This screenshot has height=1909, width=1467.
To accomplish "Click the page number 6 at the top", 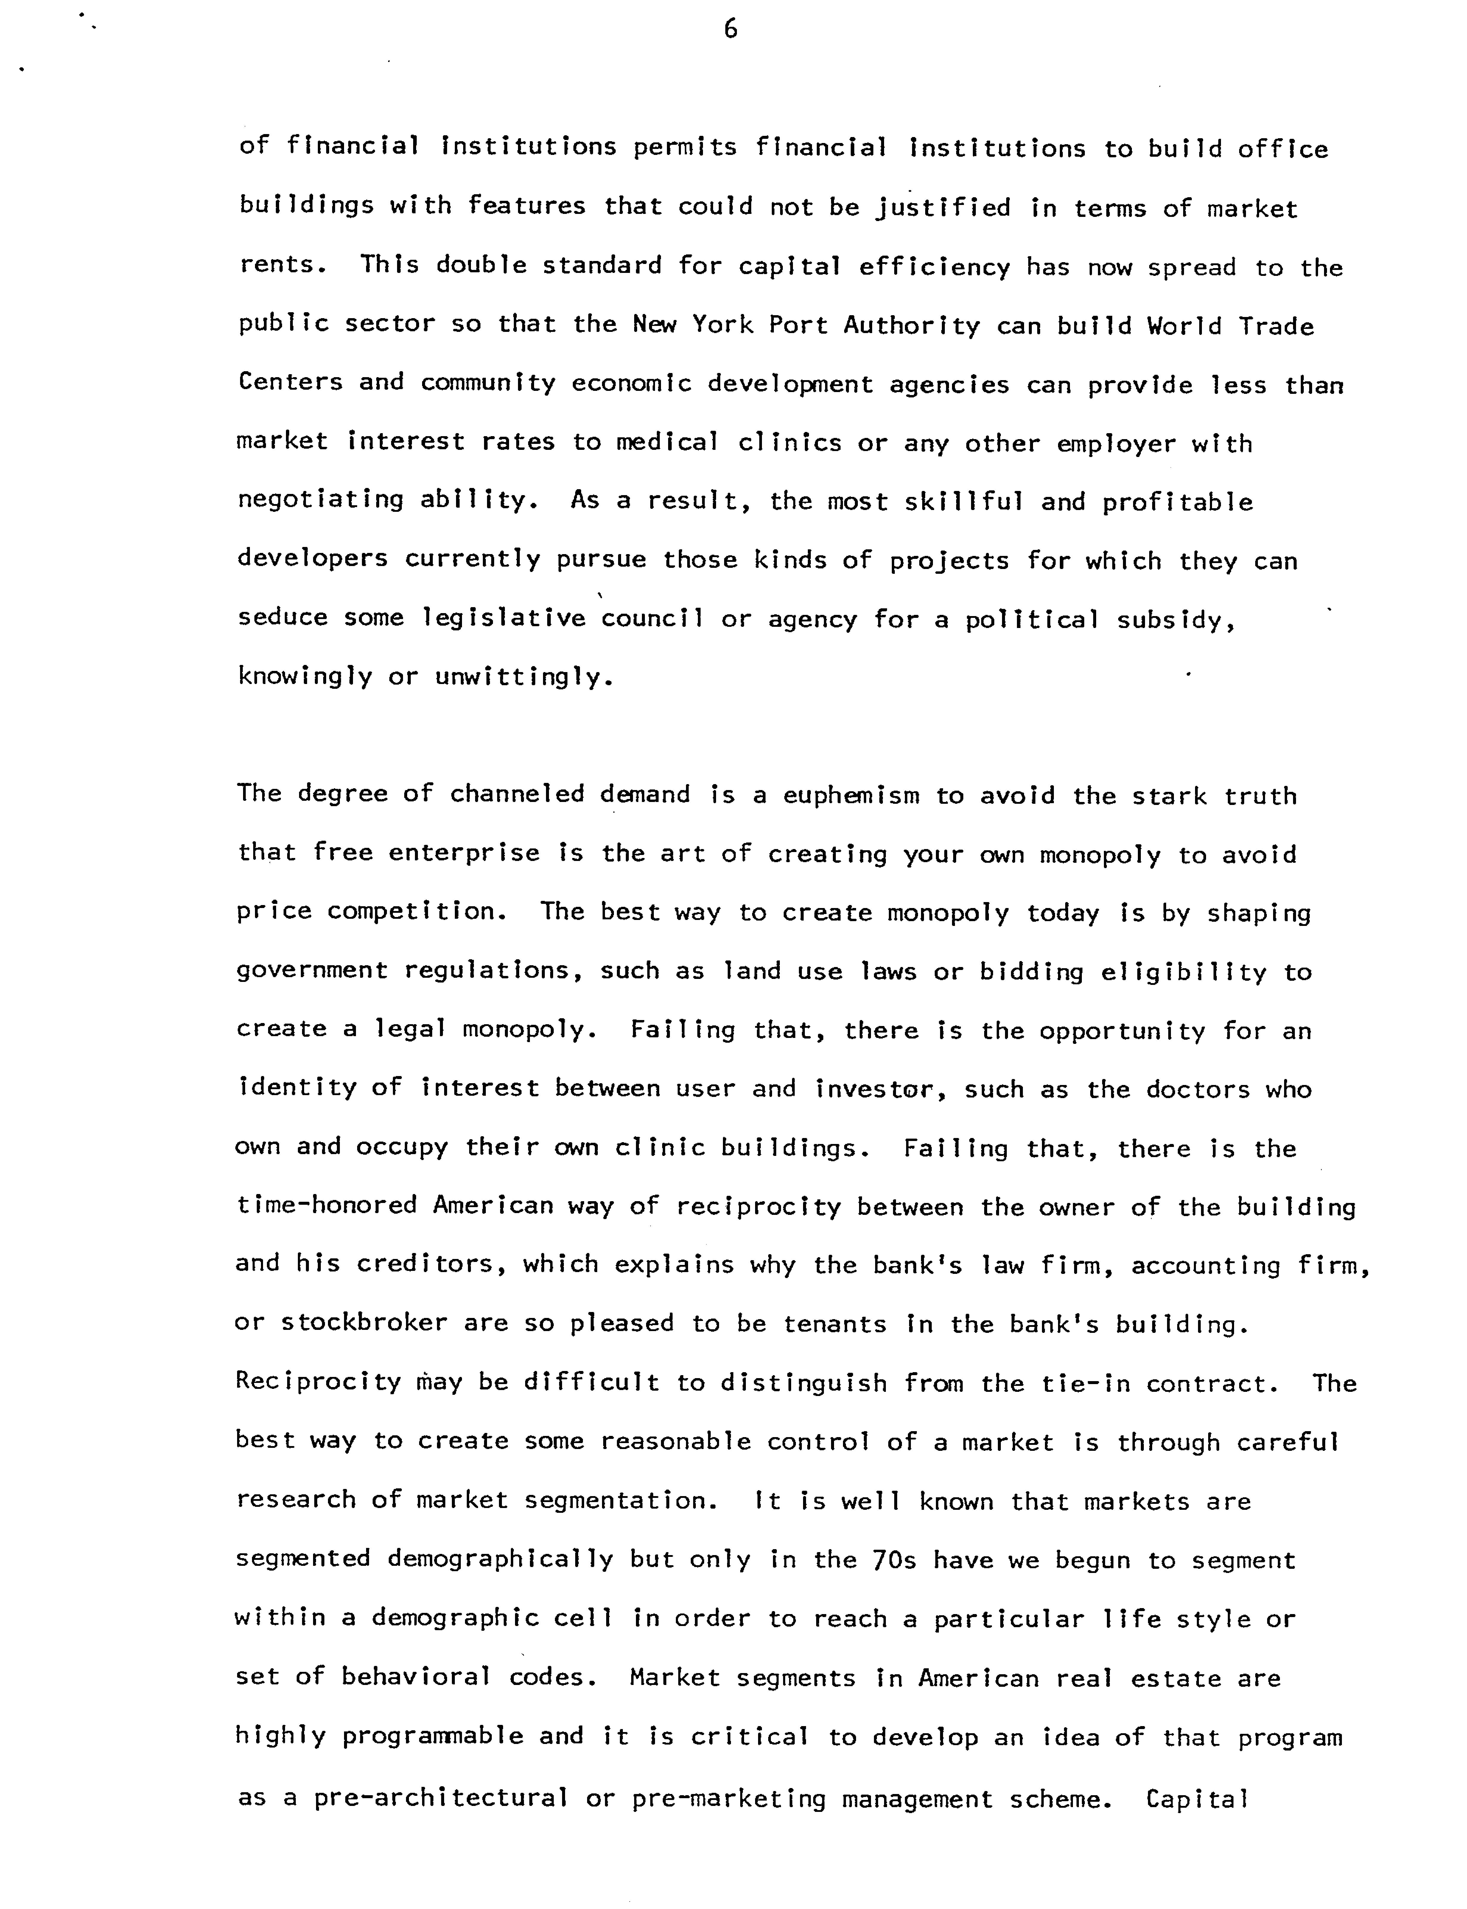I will pyautogui.click(x=731, y=31).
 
